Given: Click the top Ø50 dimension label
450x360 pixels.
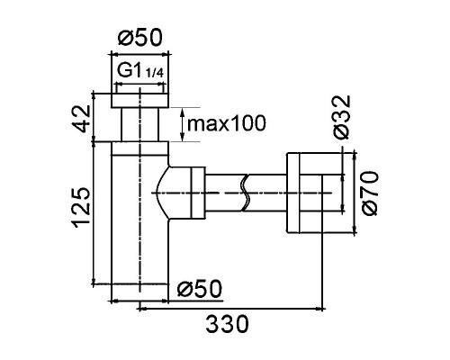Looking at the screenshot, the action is [140, 38].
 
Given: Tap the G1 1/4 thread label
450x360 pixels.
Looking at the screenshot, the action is [140, 71].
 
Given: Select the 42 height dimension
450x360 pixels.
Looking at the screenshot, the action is [81, 119].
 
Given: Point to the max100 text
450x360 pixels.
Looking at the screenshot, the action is [227, 123].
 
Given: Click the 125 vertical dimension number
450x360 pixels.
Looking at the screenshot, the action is [81, 208].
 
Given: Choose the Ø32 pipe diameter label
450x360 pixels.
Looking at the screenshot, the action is [341, 117].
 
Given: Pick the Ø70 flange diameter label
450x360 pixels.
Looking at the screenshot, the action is [370, 193].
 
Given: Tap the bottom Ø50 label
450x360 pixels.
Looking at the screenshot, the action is [200, 289].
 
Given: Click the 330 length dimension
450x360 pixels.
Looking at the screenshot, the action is [228, 324].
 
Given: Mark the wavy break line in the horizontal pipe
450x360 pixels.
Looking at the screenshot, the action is [246, 193].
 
